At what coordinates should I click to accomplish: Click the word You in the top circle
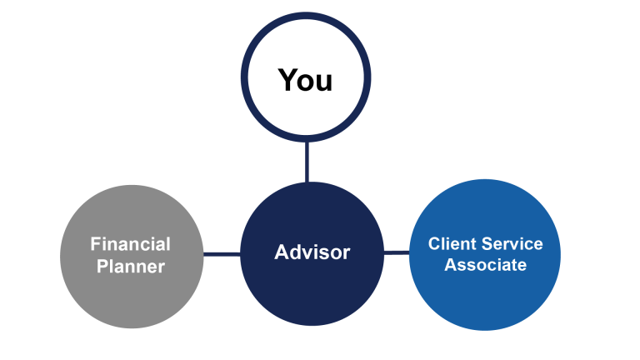pyautogui.click(x=305, y=80)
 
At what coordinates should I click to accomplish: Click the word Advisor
pyautogui.click(x=312, y=252)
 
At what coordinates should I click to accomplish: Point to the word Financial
pyautogui.click(x=130, y=244)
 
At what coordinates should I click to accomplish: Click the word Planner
pyautogui.click(x=130, y=267)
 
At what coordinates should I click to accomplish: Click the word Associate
pyautogui.click(x=485, y=265)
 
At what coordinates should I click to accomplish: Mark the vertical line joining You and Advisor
pyautogui.click(x=307, y=162)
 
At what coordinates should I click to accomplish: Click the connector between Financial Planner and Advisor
pyautogui.click(x=222, y=253)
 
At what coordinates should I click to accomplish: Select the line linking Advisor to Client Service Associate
pyautogui.click(x=397, y=253)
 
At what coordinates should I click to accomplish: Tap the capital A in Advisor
pyautogui.click(x=281, y=252)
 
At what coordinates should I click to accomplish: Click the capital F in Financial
pyautogui.click(x=95, y=244)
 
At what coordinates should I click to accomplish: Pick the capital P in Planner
pyautogui.click(x=102, y=267)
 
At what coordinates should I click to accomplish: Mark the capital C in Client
pyautogui.click(x=434, y=244)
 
